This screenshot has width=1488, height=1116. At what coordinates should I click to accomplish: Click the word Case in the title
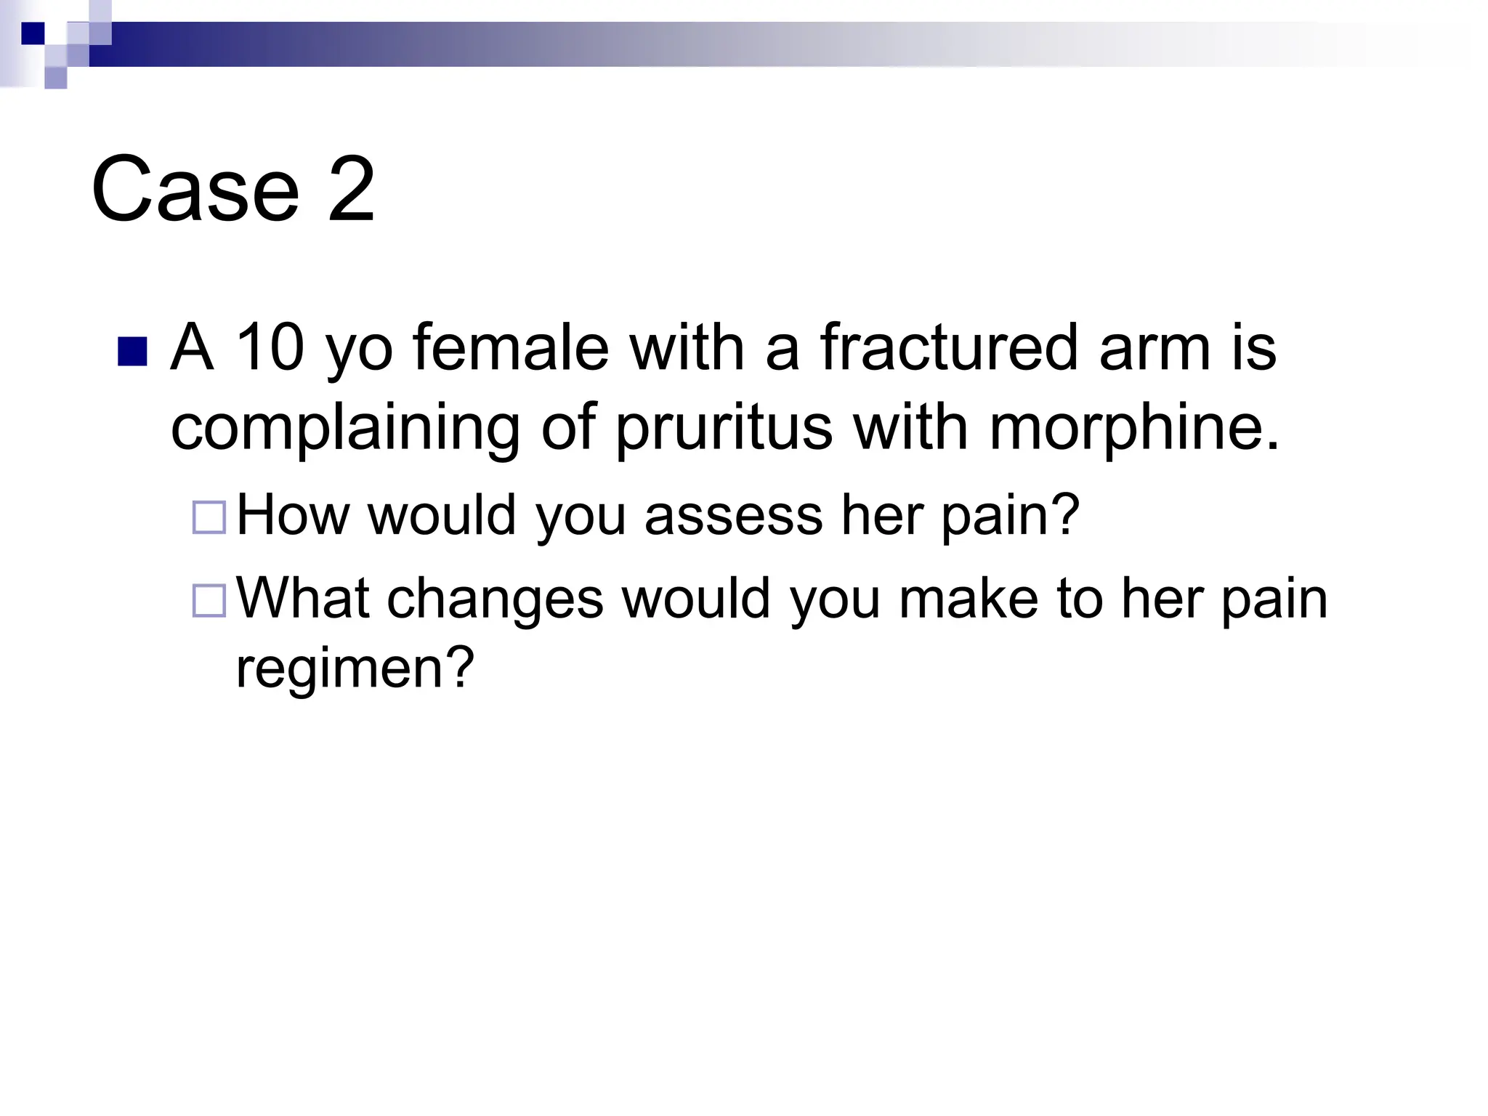(195, 190)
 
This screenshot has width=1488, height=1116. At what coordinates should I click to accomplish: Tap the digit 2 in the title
(352, 190)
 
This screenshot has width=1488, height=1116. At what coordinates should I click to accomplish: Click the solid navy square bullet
(132, 352)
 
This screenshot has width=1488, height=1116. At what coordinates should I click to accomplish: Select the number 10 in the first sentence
(270, 348)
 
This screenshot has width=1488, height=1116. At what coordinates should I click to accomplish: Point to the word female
(511, 348)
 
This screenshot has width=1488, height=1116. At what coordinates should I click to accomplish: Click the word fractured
(948, 348)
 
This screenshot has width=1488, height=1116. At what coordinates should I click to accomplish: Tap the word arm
(1155, 348)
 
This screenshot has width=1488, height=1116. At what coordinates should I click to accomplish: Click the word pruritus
(724, 429)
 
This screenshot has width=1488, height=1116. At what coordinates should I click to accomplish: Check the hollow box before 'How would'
(209, 517)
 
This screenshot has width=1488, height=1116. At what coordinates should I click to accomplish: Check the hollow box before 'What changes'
(209, 601)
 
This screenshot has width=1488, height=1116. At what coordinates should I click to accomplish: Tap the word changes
(495, 599)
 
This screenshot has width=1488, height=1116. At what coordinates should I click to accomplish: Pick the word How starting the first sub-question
(293, 515)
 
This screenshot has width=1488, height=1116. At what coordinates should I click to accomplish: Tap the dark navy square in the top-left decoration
(33, 33)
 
